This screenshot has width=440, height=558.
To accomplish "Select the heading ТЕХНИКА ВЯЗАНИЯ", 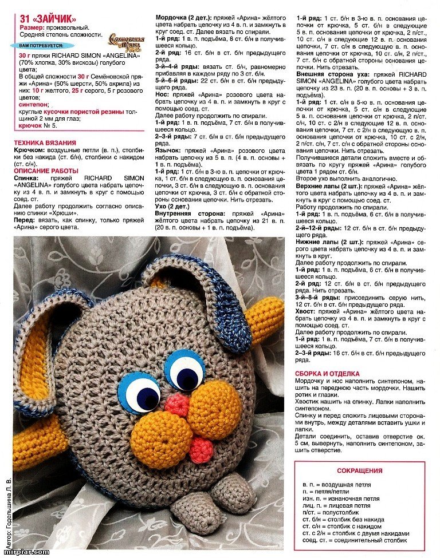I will [x=45, y=142].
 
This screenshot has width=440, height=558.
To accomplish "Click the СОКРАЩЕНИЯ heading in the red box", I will [x=359, y=470].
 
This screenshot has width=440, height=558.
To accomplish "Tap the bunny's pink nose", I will [x=178, y=404].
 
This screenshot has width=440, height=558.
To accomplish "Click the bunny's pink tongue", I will [x=201, y=450].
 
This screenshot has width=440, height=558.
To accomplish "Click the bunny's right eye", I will [x=185, y=370].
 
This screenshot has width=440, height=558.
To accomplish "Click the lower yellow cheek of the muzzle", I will [x=161, y=439].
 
